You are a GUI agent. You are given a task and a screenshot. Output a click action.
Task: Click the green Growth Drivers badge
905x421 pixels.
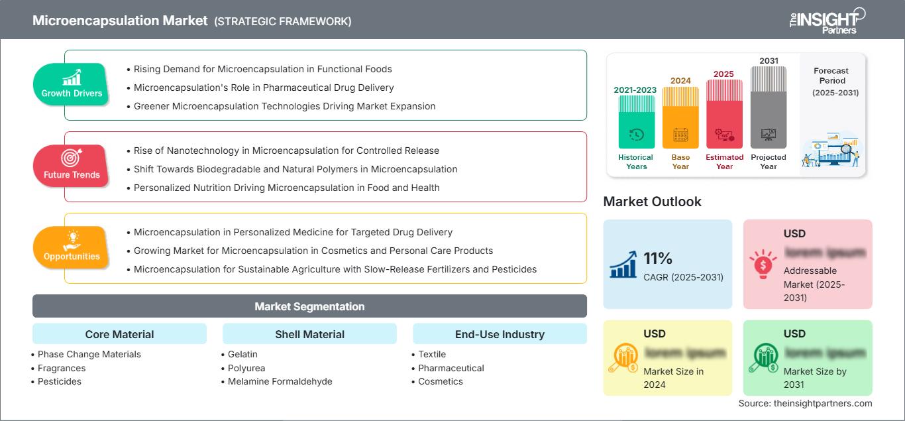click(x=72, y=84)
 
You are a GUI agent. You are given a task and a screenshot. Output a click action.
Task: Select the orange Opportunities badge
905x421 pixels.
click(x=71, y=247)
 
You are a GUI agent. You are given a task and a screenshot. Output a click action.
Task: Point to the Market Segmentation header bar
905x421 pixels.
click(x=309, y=306)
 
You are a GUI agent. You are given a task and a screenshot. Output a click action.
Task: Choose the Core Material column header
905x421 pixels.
click(x=119, y=334)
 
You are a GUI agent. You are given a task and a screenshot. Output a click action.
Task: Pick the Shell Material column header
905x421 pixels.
click(x=309, y=334)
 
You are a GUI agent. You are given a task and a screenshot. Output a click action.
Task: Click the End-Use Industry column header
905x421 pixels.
click(x=500, y=334)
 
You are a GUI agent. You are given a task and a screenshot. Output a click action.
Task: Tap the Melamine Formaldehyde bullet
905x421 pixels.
click(x=280, y=381)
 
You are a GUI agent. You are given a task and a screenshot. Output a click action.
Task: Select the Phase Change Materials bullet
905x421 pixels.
click(x=89, y=354)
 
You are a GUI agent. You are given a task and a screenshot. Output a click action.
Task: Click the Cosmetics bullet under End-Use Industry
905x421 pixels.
click(x=440, y=381)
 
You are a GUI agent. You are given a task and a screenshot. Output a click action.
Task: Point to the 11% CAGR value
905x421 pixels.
click(x=658, y=258)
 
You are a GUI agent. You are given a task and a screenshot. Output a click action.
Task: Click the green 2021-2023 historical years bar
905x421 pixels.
click(x=636, y=123)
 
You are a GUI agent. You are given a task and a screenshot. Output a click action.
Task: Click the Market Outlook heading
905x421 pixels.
click(x=652, y=202)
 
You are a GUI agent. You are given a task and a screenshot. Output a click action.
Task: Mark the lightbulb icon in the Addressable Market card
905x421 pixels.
click(x=763, y=264)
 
